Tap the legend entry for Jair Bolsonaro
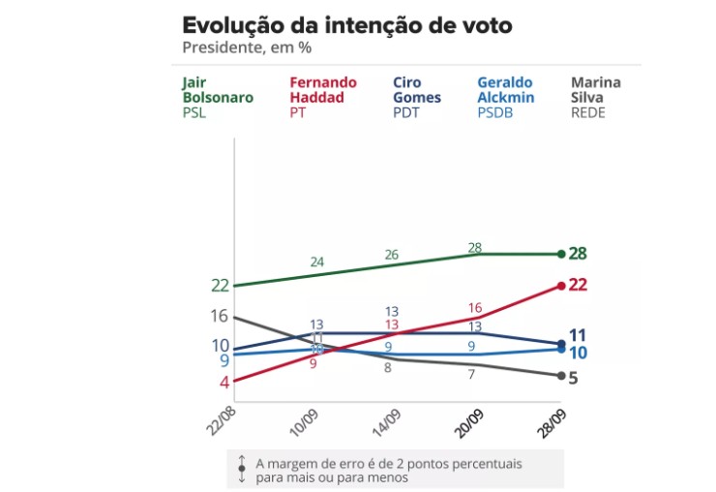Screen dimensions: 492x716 click(218, 97)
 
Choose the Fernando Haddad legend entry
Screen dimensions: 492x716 click(322, 97)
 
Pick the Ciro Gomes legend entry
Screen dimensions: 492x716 click(417, 97)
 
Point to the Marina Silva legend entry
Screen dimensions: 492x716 click(596, 97)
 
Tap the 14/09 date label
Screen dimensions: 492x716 click(385, 417)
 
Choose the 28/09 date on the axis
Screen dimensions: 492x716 click(552, 417)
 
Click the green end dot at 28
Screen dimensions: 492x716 click(561, 254)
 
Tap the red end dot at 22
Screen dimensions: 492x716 click(561, 285)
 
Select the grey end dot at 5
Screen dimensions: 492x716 click(561, 376)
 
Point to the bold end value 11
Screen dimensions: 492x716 click(578, 335)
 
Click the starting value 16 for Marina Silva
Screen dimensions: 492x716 click(219, 316)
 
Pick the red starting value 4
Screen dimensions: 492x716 click(224, 382)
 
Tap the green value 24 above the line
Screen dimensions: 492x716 click(317, 262)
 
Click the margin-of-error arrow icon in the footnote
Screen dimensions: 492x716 click(242, 469)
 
